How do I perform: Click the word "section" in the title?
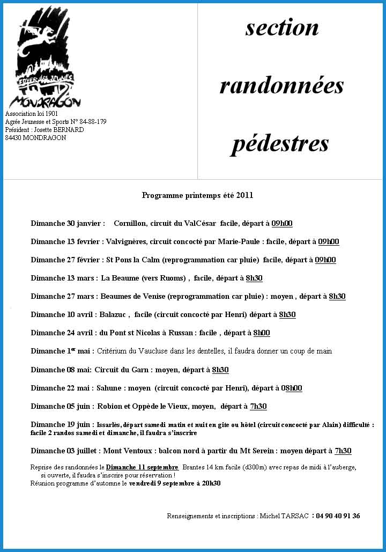282,28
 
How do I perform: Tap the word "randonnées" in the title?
281,85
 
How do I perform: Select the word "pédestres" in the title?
280,143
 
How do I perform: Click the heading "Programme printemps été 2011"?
197,195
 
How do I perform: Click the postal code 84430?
13,138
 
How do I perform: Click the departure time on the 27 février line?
325,260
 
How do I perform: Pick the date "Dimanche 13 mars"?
64,278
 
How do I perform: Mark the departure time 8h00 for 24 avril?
262,333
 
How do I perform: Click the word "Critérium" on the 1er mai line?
113,351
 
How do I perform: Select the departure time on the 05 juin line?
258,407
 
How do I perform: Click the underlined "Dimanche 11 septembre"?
142,467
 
